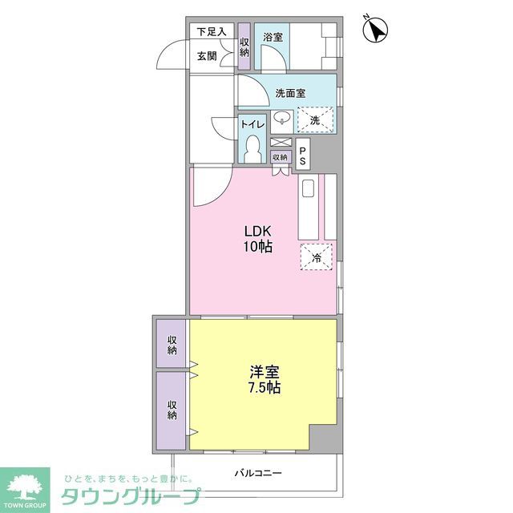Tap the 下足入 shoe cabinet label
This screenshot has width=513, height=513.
tap(212, 32)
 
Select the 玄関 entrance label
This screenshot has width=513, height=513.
tap(207, 56)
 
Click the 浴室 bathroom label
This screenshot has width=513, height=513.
tap(273, 37)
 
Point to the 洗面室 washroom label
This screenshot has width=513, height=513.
tap(290, 93)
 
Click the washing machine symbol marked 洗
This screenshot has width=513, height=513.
tap(315, 120)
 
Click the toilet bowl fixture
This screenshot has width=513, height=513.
tap(253, 150)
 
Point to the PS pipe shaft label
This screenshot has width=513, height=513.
tap(302, 154)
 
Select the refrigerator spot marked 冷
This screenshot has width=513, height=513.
tap(316, 258)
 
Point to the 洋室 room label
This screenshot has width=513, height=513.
tap(264, 372)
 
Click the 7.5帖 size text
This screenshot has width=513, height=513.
tap(264, 388)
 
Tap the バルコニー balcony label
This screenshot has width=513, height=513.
tap(258, 473)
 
